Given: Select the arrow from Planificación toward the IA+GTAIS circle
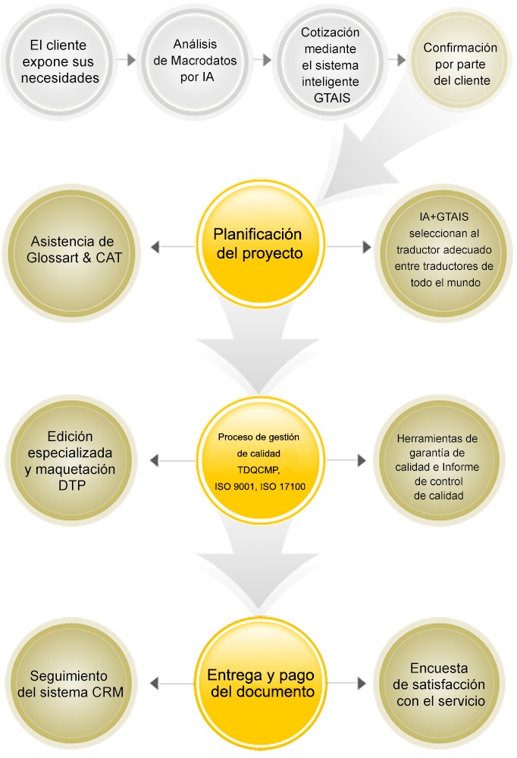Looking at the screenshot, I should click(349, 246).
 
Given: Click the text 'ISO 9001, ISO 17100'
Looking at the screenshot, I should click(258, 485).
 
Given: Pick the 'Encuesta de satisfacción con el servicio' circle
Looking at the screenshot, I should click(440, 684).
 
